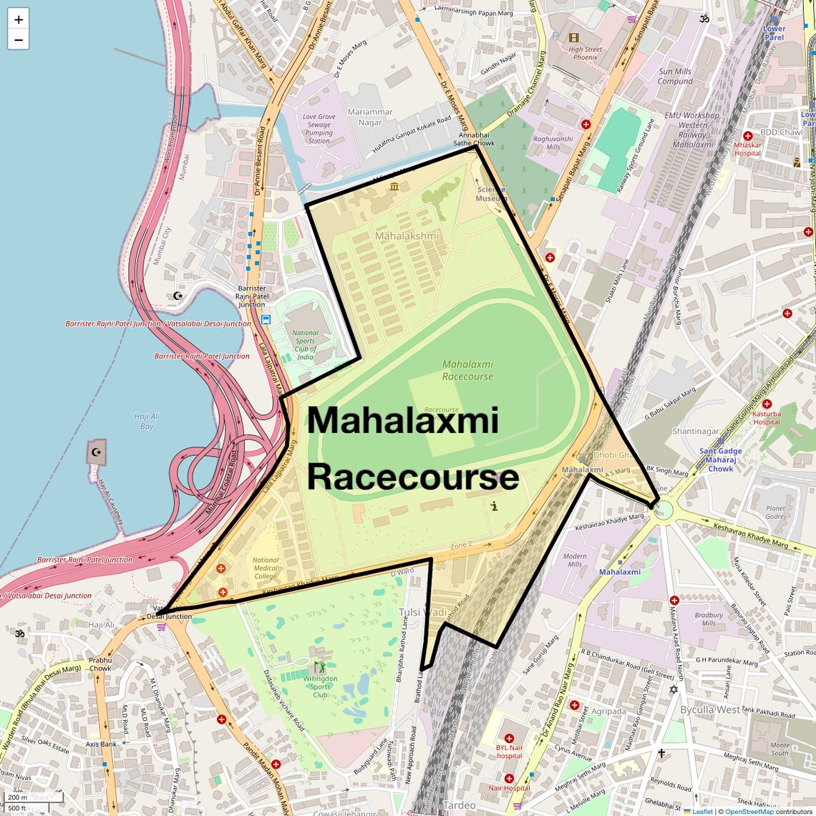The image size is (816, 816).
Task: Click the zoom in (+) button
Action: pyautogui.click(x=19, y=19)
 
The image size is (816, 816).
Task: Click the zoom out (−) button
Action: pyautogui.click(x=19, y=39)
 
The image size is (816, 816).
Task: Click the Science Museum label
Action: pyautogui.click(x=491, y=194)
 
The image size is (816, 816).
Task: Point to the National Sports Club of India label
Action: pyautogui.click(x=306, y=345)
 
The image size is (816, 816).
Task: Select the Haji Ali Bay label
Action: pyautogui.click(x=147, y=421)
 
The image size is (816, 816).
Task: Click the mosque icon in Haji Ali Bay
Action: pyautogui.click(x=96, y=452)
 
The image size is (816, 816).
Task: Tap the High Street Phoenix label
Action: pyautogui.click(x=585, y=53)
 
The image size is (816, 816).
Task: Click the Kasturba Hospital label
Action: pyautogui.click(x=766, y=417)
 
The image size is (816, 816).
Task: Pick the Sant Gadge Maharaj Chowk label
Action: pyautogui.click(x=721, y=460)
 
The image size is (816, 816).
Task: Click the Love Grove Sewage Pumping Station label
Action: pyautogui.click(x=319, y=129)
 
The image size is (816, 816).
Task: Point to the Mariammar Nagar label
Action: pyautogui.click(x=370, y=117)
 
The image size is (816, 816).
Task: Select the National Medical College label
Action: pyautogui.click(x=265, y=568)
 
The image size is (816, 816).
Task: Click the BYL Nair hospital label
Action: pyautogui.click(x=509, y=751)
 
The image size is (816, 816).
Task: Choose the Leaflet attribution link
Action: pyautogui.click(x=702, y=811)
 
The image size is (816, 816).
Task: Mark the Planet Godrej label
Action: pyautogui.click(x=775, y=512)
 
